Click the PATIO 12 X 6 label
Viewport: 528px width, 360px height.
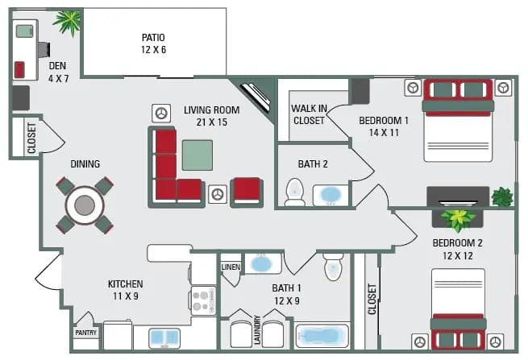(x=153, y=43)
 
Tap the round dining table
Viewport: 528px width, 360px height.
(x=85, y=205)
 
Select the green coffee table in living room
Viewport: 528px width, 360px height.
(x=197, y=155)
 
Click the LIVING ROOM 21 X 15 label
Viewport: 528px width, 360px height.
(x=212, y=117)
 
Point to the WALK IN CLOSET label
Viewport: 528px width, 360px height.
(x=308, y=114)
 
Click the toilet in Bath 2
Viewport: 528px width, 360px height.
(x=295, y=192)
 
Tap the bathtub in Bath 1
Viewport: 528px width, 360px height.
(x=322, y=336)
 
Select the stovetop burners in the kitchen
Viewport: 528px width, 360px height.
(x=202, y=300)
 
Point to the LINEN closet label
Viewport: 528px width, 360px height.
(x=231, y=267)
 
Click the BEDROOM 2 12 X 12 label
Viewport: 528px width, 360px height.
(x=457, y=250)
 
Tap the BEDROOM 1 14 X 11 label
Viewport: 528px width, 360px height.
(x=384, y=127)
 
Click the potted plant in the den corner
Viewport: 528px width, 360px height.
(x=68, y=22)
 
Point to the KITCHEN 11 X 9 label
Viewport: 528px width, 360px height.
(x=126, y=290)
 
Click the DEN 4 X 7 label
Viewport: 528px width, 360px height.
(x=56, y=72)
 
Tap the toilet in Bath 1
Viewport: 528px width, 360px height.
(x=334, y=267)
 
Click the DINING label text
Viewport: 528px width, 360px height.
(x=85, y=164)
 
